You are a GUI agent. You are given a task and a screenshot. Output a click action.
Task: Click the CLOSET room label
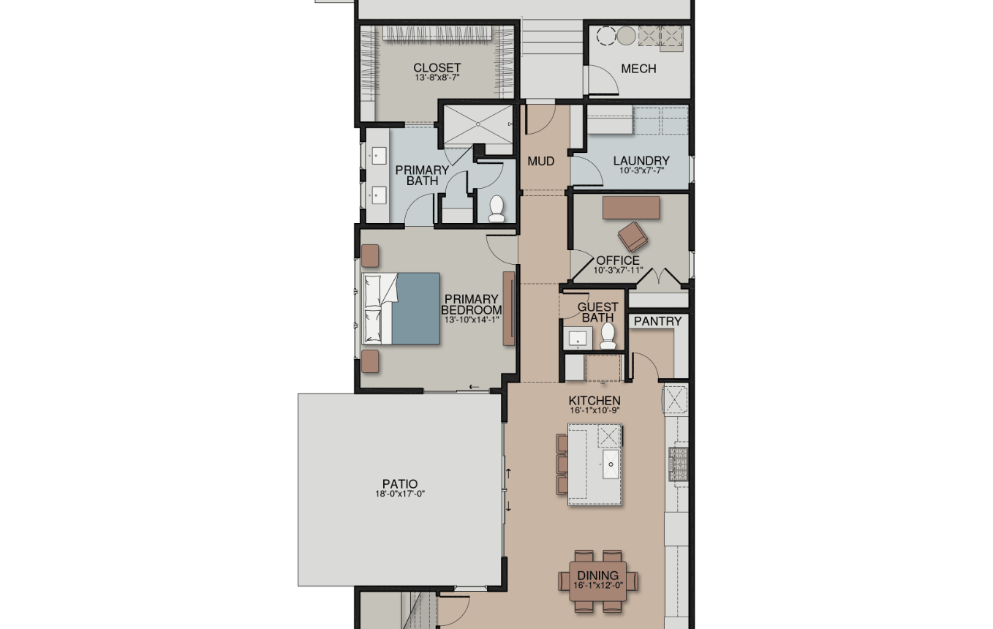click(437, 68)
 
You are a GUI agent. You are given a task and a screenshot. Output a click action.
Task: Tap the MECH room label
click(638, 69)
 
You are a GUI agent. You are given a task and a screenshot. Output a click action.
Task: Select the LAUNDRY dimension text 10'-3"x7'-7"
click(641, 170)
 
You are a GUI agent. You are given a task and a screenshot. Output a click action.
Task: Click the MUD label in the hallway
click(541, 162)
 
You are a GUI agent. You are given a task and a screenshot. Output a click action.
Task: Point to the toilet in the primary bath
click(496, 208)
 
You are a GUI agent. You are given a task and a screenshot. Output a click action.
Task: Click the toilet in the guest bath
click(608, 336)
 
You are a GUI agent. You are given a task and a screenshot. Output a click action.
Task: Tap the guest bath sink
click(578, 338)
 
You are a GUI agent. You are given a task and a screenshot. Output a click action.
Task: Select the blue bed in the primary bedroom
click(401, 309)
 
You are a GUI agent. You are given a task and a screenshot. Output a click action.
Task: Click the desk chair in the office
click(633, 237)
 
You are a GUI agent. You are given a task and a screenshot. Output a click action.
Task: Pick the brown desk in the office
click(631, 208)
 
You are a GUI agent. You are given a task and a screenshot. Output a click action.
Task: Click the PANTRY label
click(658, 321)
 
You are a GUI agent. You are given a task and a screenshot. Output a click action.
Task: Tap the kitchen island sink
click(611, 464)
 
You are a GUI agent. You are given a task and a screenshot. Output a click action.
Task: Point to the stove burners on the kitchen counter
click(679, 464)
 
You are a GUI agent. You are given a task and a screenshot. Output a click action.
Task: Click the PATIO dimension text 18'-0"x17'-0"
click(400, 494)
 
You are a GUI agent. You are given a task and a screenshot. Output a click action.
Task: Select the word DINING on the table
click(598, 576)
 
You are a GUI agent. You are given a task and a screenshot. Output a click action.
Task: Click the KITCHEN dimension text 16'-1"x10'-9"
click(594, 410)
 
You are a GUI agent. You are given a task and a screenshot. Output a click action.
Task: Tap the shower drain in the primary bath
click(478, 124)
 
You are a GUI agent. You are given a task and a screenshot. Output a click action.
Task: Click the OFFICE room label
click(618, 260)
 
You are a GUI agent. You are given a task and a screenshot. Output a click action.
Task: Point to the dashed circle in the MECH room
click(606, 35)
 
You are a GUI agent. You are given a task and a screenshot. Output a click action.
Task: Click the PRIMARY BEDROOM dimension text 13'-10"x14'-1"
click(472, 319)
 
